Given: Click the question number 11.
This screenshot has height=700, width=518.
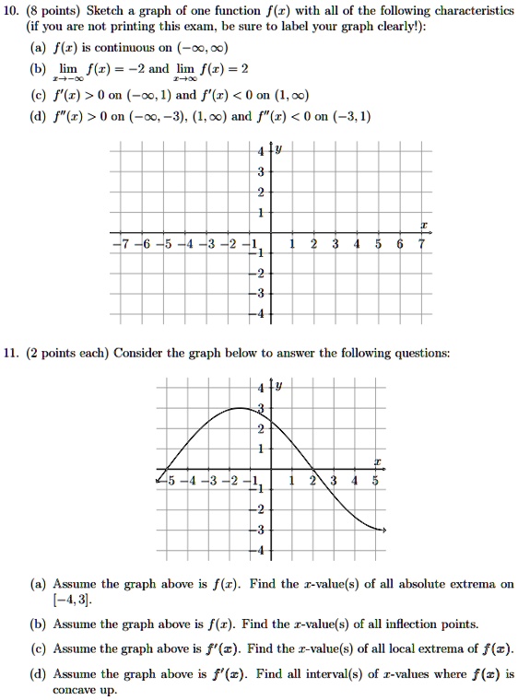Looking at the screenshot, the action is [x=17, y=353].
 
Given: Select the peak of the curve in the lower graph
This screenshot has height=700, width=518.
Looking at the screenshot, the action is [x=241, y=407].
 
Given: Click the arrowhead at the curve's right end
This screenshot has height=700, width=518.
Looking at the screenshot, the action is [x=383, y=531].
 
